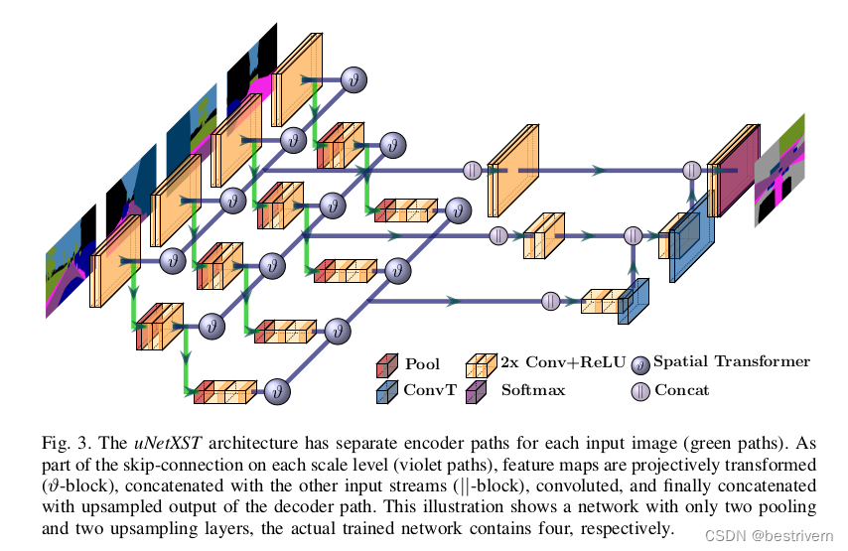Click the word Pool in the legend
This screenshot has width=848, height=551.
(422, 363)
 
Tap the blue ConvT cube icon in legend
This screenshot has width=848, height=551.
(385, 392)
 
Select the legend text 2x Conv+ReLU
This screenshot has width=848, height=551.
(564, 362)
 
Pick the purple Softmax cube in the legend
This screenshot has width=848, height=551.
(477, 392)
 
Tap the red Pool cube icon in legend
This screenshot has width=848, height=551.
(385, 365)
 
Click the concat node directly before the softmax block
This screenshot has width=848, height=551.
(692, 170)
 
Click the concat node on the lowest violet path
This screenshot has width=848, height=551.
(550, 301)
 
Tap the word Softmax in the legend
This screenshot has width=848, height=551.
(533, 390)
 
